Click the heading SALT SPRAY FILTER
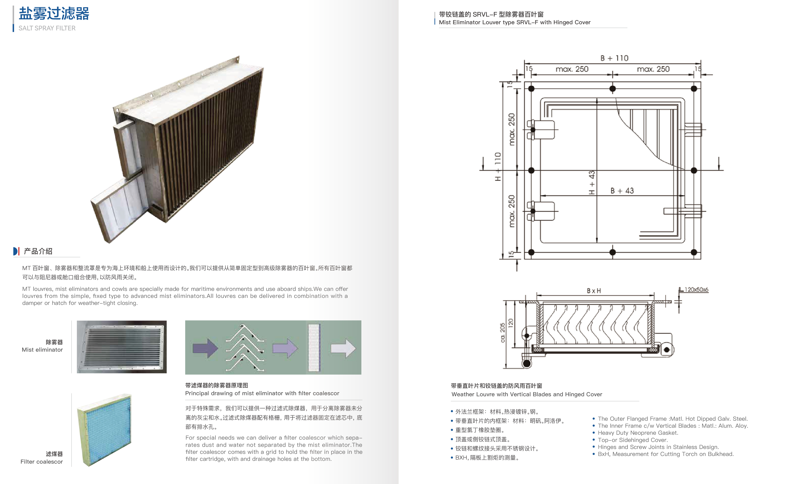pyautogui.click(x=47, y=28)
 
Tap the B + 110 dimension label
pyautogui.click(x=614, y=58)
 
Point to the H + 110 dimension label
pyautogui.click(x=498, y=167)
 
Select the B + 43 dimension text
pyautogui.click(x=622, y=191)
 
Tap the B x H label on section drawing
pyautogui.click(x=594, y=291)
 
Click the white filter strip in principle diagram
pyautogui.click(x=314, y=348)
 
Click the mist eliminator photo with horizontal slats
pyautogui.click(x=122, y=347)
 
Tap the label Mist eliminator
pyautogui.click(x=42, y=350)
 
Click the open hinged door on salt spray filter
pyautogui.click(x=118, y=210)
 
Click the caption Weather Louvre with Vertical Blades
pyautogui.click(x=527, y=394)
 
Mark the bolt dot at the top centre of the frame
pyautogui.click(x=613, y=89)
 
